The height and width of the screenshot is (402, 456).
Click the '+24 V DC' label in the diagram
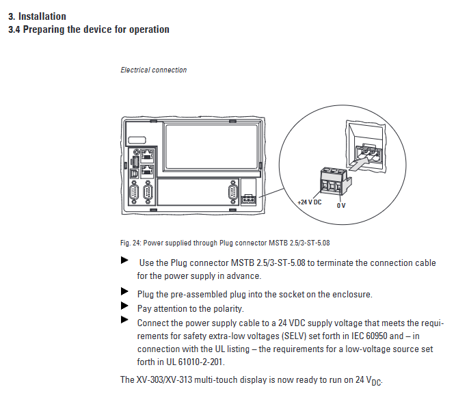coord(310,202)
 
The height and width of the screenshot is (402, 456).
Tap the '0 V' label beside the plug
coord(342,205)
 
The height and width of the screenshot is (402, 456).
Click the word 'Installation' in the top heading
coord(42,16)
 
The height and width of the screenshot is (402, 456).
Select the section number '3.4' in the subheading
coord(14,29)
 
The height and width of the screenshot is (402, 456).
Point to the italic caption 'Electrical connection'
coord(153,70)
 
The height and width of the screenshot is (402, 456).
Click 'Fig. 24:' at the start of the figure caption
coord(130,243)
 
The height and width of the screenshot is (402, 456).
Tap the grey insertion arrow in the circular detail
coord(358,164)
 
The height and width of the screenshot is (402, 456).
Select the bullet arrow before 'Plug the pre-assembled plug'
coord(124,291)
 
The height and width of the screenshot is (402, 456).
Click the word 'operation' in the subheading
coord(146,29)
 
